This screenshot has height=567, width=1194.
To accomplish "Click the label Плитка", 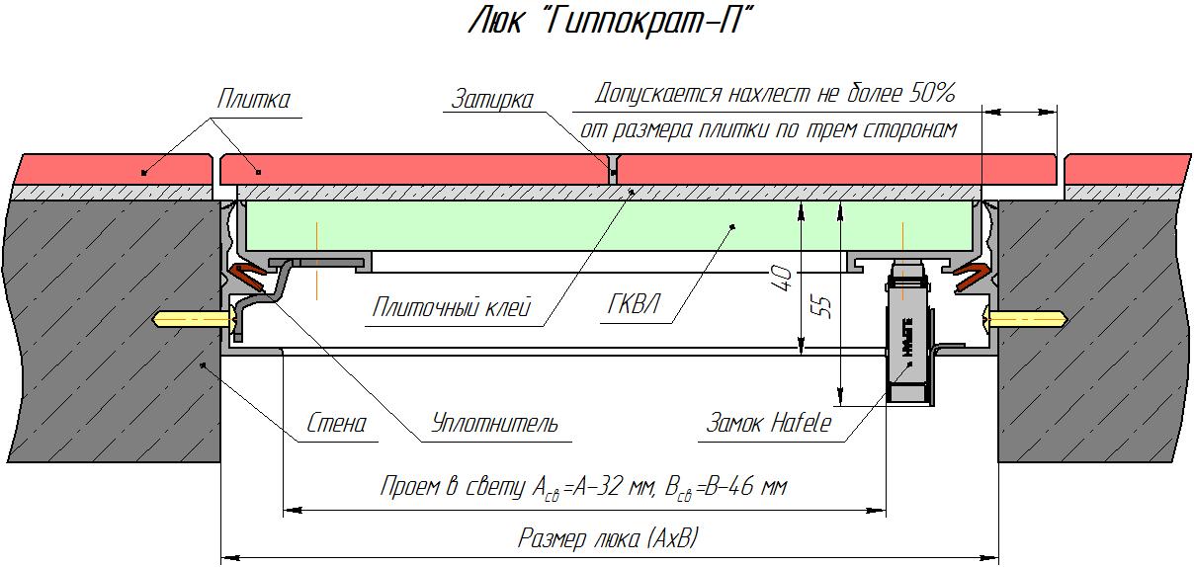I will [x=254, y=100].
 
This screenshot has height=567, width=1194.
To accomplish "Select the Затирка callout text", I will [x=491, y=99].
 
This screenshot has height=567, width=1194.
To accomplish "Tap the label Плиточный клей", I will [x=452, y=307].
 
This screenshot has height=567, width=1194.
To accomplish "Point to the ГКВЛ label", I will [x=633, y=307].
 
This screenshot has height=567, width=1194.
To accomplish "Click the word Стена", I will [x=336, y=424].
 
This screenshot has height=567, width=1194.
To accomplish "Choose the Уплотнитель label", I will [x=494, y=424].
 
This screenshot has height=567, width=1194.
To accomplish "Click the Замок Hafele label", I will [x=768, y=424].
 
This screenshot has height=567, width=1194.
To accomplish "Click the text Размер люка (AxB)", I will [x=609, y=539].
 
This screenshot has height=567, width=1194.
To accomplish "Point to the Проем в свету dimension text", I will [x=583, y=487].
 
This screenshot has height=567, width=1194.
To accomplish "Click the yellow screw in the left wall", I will [x=193, y=319].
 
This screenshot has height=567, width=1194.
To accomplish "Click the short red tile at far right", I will [x=1128, y=168].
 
